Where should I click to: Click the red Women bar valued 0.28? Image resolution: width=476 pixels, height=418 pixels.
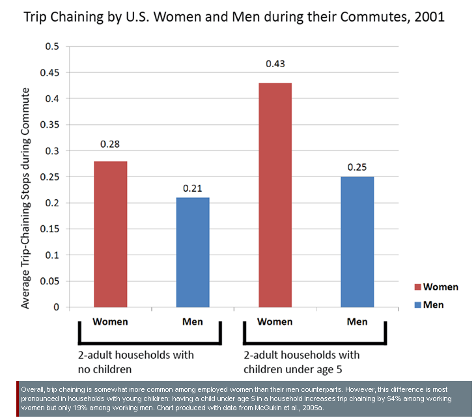(x=110, y=234)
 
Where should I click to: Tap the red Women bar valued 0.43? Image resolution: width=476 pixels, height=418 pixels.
(x=275, y=195)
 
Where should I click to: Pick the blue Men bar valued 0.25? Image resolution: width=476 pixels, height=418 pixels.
(x=357, y=242)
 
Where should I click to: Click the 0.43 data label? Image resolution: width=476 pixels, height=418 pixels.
(x=275, y=64)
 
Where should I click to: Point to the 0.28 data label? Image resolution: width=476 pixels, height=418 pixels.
(x=110, y=144)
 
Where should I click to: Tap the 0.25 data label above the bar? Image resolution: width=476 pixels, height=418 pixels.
(x=357, y=167)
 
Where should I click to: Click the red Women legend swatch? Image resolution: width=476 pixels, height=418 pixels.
(x=417, y=287)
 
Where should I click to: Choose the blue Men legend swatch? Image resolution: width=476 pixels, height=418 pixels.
(x=417, y=304)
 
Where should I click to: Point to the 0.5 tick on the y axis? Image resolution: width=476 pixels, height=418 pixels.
(x=51, y=46)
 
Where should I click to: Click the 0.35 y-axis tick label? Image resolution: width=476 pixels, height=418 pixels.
(x=49, y=124)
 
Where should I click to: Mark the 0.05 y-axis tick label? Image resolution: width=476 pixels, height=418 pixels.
(x=49, y=281)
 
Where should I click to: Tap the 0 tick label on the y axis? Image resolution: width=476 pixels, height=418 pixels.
(x=57, y=307)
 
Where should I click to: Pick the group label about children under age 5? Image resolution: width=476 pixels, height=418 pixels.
(x=306, y=361)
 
